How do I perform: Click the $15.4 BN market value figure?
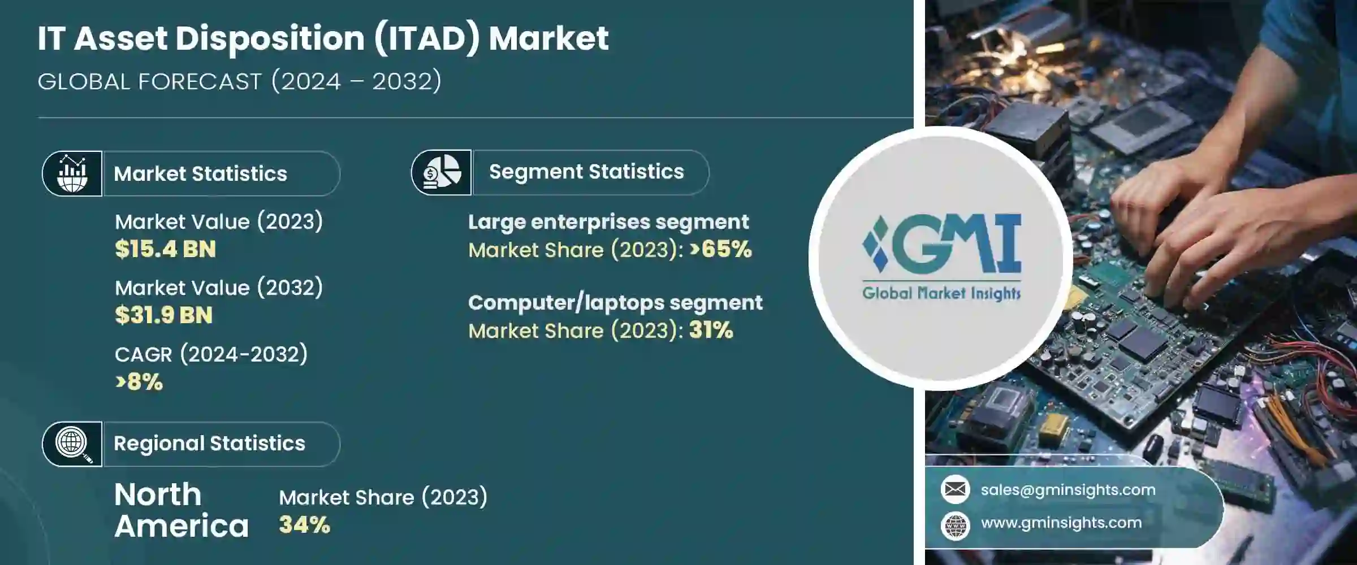click(165, 249)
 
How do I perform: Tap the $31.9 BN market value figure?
click(163, 315)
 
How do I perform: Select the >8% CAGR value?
click(139, 382)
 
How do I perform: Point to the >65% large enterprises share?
click(721, 249)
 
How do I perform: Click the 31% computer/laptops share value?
click(711, 330)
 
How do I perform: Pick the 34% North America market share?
click(304, 525)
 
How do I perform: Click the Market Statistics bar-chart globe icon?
click(72, 173)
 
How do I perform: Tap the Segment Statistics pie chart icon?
click(442, 172)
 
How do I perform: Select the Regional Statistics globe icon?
click(72, 444)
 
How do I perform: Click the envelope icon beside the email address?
click(956, 489)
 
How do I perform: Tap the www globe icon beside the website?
click(956, 525)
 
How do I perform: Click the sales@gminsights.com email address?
click(1068, 490)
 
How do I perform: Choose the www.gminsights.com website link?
click(1061, 523)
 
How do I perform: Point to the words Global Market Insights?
click(941, 293)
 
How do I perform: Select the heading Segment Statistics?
click(586, 172)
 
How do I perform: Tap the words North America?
click(181, 510)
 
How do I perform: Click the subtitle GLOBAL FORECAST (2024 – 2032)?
click(240, 81)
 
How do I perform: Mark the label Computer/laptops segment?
click(615, 303)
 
